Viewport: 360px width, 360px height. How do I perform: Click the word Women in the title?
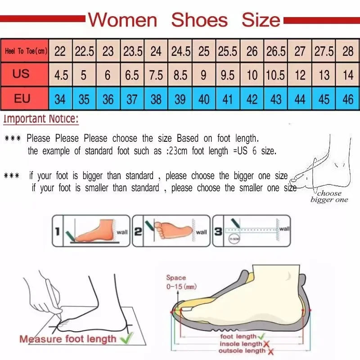tap(122, 20)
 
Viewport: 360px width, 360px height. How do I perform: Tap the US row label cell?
tap(21, 74)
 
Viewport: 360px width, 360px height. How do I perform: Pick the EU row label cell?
tap(22, 98)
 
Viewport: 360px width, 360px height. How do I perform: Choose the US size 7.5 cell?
tap(156, 75)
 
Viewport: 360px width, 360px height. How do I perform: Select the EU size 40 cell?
tap(204, 99)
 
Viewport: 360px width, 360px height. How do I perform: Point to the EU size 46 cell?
tap(348, 99)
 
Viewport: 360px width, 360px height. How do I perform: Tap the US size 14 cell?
tap(348, 75)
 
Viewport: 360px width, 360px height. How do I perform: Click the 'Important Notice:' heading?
tap(41, 120)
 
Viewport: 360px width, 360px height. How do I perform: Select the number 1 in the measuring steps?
tap(58, 232)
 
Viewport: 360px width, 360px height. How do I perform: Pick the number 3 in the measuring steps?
tap(218, 232)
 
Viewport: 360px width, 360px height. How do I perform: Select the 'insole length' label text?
tap(240, 344)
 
